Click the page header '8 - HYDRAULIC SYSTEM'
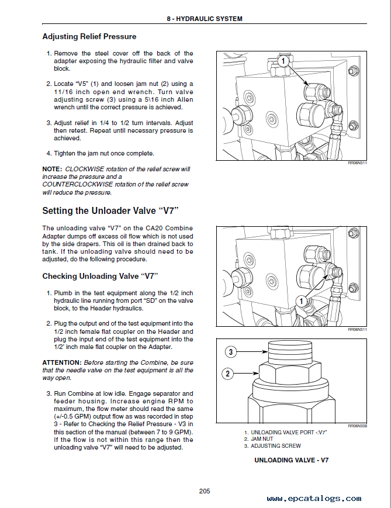coord(204,19)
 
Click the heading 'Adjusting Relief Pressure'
coord(89,37)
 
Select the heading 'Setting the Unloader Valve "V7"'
coord(110,210)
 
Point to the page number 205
coord(204,491)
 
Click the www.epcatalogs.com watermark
coord(314,499)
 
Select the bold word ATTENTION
coord(61,362)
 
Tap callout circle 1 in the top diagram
coord(283,61)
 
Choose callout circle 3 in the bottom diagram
coord(231,352)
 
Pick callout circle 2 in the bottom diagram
coord(229,373)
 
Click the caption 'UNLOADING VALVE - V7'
coord(291,460)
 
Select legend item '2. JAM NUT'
coord(258,438)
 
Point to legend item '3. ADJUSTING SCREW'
coord(272,446)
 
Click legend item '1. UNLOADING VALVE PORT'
coord(285,431)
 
